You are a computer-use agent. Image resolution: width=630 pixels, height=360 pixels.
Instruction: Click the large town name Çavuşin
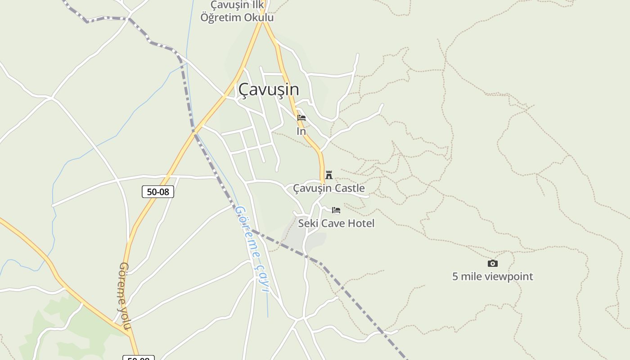point(268,89)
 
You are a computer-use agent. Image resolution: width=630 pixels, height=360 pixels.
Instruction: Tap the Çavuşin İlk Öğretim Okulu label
point(237,11)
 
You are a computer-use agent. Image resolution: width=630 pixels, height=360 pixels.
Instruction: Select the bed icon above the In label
point(301,118)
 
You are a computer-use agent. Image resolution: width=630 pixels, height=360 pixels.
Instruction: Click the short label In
point(301,131)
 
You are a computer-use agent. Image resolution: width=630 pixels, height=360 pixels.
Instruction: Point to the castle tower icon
point(329,175)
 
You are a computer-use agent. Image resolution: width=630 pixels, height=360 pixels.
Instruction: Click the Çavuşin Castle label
point(329,188)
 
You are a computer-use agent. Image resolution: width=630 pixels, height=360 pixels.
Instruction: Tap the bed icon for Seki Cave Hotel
point(336,210)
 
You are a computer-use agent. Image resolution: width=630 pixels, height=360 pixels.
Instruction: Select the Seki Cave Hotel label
point(336,223)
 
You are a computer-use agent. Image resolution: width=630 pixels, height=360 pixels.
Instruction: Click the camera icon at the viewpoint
point(493,263)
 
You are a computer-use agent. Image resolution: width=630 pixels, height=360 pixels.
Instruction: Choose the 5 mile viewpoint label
point(492,276)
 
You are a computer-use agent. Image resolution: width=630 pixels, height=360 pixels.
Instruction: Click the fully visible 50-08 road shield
point(158,192)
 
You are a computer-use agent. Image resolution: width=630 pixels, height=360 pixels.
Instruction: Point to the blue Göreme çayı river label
point(252,249)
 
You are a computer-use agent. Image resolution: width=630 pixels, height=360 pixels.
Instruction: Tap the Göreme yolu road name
point(125,296)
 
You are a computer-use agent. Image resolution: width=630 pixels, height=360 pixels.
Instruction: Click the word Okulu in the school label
point(258,18)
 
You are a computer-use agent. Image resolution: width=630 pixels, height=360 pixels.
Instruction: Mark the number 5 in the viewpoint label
point(455,276)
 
